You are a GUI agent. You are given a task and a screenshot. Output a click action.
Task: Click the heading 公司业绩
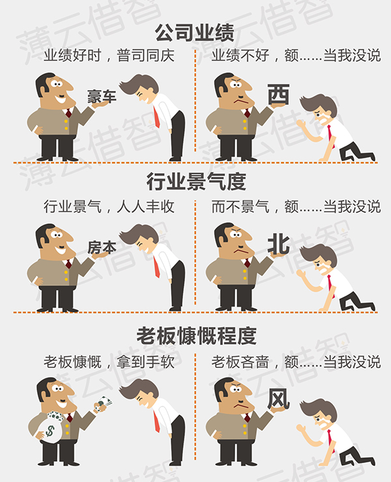point(195,33)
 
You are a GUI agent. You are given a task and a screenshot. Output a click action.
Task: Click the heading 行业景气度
point(196,181)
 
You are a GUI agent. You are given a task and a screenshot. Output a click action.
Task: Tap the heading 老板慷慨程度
point(196,335)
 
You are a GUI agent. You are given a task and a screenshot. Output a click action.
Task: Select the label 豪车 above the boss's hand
point(102,96)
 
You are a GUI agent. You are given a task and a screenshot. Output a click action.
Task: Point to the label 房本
point(102,247)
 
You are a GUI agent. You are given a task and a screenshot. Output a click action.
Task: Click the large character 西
point(278,94)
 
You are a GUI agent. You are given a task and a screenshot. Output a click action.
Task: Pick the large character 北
point(279,244)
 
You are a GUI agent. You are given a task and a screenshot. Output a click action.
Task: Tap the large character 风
point(278,399)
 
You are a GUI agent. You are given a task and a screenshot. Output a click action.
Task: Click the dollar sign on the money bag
point(50,431)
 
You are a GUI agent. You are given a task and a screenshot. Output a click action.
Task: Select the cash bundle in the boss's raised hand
point(104,403)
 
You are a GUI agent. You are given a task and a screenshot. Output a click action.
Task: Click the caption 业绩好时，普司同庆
point(109,55)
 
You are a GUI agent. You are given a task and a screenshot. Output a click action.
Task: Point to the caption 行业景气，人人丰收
point(109,206)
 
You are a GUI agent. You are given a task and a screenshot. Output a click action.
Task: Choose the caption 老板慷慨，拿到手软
point(109,361)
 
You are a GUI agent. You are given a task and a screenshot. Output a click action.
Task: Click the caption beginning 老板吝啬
point(296,361)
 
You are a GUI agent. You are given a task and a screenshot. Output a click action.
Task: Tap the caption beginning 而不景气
point(296,206)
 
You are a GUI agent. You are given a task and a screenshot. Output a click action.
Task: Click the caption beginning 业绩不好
point(296,55)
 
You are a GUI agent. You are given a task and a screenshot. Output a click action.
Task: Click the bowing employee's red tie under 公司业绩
point(156,117)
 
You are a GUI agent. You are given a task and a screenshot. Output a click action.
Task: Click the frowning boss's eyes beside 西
point(236,84)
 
